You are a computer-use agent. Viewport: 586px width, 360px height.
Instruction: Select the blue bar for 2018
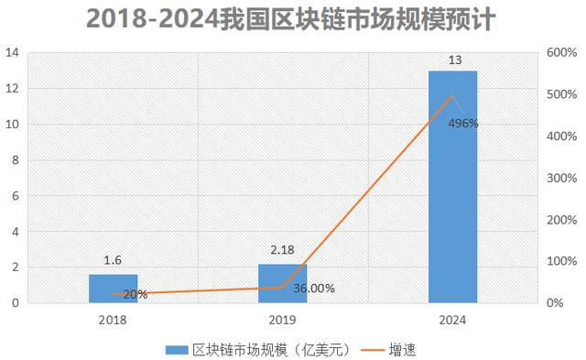pyautogui.click(x=113, y=289)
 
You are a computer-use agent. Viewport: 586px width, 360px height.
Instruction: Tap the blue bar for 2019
pyautogui.click(x=283, y=283)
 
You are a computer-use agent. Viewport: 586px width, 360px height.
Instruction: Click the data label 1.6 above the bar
pyautogui.click(x=113, y=261)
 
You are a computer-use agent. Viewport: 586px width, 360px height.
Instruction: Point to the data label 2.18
pyautogui.click(x=283, y=251)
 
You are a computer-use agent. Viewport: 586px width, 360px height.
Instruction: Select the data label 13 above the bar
pyautogui.click(x=453, y=60)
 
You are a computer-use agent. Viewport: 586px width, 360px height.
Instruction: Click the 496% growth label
pyautogui.click(x=463, y=124)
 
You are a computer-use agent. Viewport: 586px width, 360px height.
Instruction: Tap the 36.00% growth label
pyautogui.click(x=314, y=288)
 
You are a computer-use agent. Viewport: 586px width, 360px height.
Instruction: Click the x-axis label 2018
pyautogui.click(x=113, y=320)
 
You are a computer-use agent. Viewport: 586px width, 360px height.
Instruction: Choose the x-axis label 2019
pyautogui.click(x=283, y=320)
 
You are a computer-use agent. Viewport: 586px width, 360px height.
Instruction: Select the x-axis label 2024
pyautogui.click(x=452, y=320)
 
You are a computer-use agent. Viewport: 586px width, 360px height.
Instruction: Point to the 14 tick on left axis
pyautogui.click(x=13, y=53)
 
